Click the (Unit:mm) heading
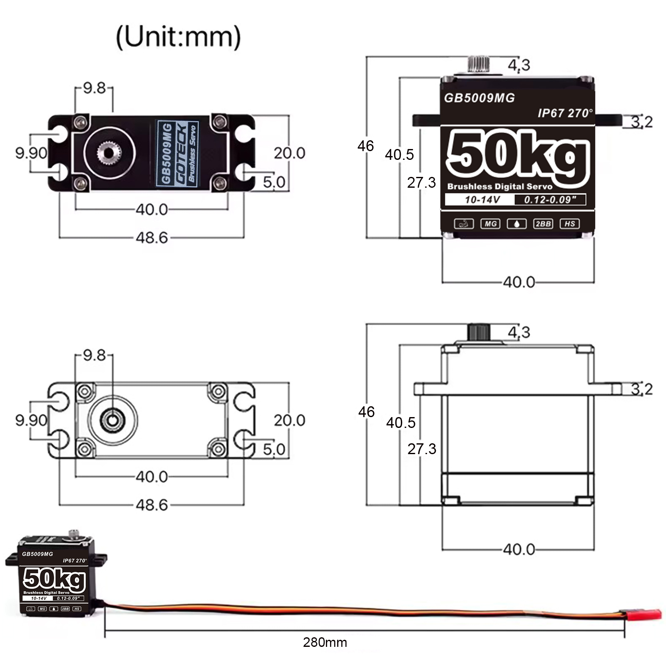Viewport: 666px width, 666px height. (x=178, y=37)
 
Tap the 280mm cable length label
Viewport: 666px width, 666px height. (x=325, y=642)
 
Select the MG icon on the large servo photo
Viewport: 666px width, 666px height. (x=490, y=224)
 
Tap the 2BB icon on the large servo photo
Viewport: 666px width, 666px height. (x=543, y=224)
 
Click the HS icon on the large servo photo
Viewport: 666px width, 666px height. (x=569, y=224)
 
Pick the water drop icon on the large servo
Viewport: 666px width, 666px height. (x=517, y=224)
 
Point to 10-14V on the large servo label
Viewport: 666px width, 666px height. (x=482, y=200)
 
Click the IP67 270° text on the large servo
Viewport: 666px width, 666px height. (x=565, y=113)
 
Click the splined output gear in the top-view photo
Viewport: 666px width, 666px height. (x=109, y=153)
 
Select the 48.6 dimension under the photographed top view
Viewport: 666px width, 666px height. (x=152, y=238)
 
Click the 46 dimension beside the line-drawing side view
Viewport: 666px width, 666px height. (x=366, y=412)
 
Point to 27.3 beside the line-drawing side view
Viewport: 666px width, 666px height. (x=422, y=449)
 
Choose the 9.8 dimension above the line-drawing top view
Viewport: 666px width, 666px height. (x=94, y=355)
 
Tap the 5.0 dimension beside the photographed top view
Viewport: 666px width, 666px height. (x=274, y=182)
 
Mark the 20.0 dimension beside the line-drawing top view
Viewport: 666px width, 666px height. (x=289, y=420)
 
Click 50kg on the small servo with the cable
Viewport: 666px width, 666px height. (x=54, y=579)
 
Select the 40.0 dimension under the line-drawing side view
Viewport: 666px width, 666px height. (x=519, y=549)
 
